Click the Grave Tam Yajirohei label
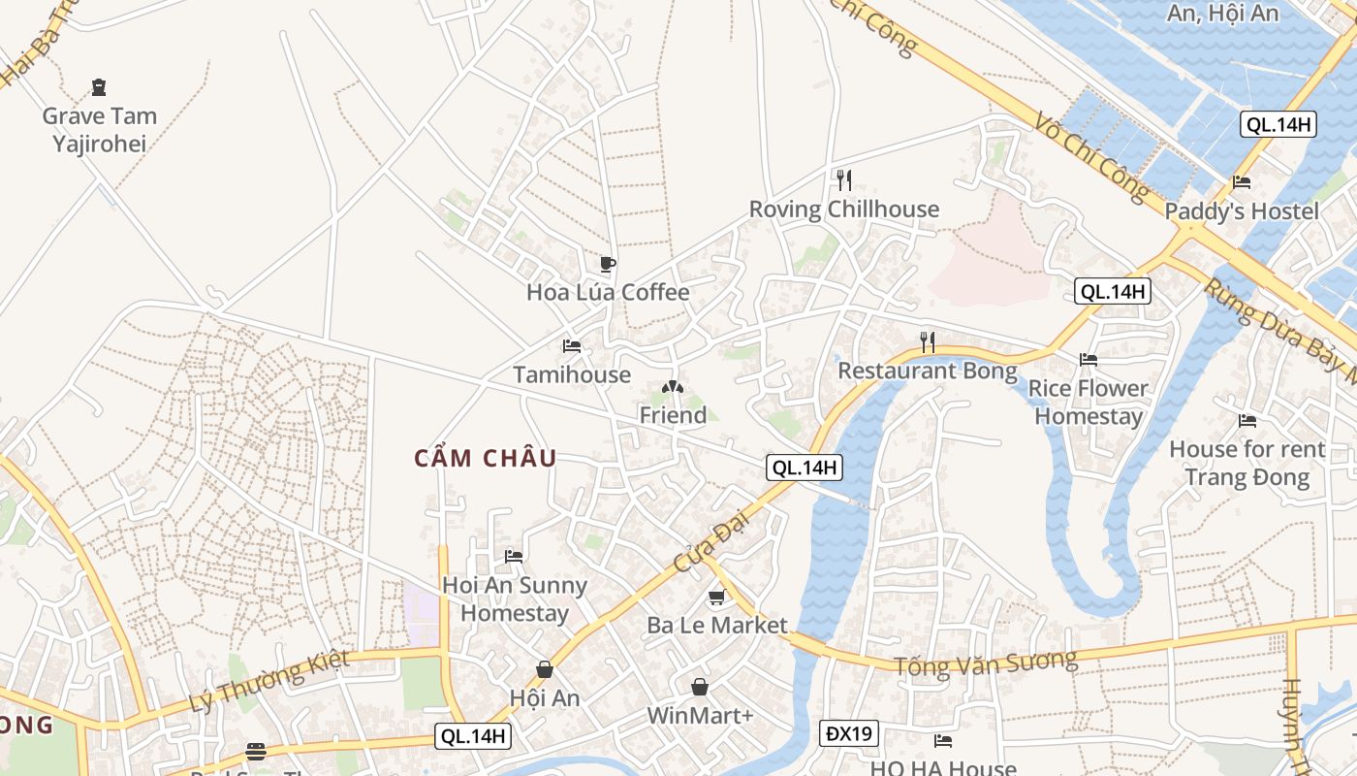click(x=99, y=130)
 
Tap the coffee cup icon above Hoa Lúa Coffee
click(x=608, y=264)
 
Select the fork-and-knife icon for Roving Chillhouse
click(x=843, y=179)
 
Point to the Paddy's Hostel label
click(x=1242, y=210)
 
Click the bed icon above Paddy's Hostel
click(x=1242, y=182)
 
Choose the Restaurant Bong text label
click(x=928, y=371)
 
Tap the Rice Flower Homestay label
click(x=1089, y=403)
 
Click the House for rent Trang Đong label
click(x=1247, y=463)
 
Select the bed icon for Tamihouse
click(x=572, y=346)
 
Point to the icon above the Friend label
click(x=672, y=387)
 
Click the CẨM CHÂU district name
click(x=486, y=459)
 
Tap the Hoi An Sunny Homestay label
click(x=514, y=598)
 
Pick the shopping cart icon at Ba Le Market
click(x=717, y=598)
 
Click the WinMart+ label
click(x=700, y=716)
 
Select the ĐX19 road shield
click(x=849, y=733)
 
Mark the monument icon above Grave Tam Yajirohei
click(x=99, y=88)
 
